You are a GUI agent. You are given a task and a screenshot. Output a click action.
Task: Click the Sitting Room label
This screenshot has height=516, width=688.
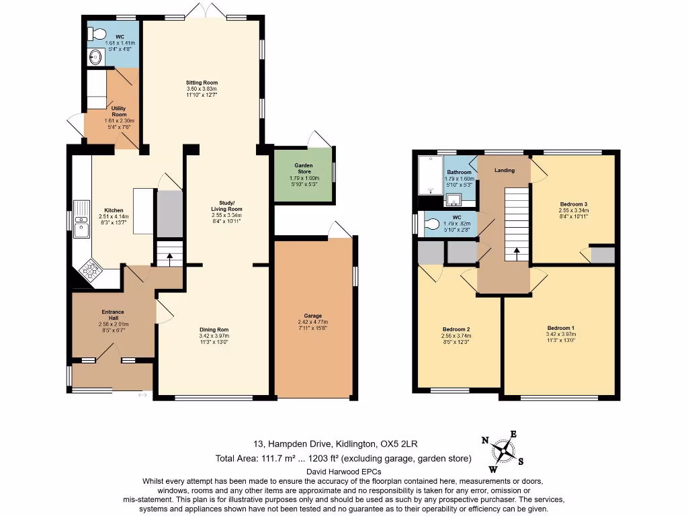coord(202,83)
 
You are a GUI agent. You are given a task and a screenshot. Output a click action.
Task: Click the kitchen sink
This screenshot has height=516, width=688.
coord(81,219)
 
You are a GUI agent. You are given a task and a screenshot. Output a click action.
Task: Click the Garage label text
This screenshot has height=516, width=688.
coord(312,316)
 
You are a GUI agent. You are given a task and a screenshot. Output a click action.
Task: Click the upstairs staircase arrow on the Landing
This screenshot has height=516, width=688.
coord(516,253)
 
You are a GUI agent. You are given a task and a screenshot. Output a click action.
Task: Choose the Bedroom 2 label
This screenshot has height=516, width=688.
coord(455,329)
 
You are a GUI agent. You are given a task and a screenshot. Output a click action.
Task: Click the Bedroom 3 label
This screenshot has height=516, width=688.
coord(573,204)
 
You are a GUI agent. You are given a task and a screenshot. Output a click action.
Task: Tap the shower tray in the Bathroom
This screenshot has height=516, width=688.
coord(428,175)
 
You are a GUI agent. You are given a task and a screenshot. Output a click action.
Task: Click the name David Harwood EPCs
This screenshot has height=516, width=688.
coord(343,472)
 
